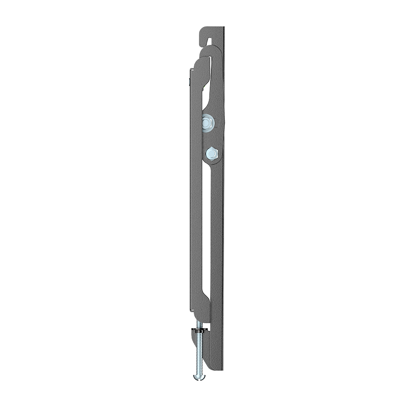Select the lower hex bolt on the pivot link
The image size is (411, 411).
[211, 154]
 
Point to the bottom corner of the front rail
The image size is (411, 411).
[192, 309]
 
